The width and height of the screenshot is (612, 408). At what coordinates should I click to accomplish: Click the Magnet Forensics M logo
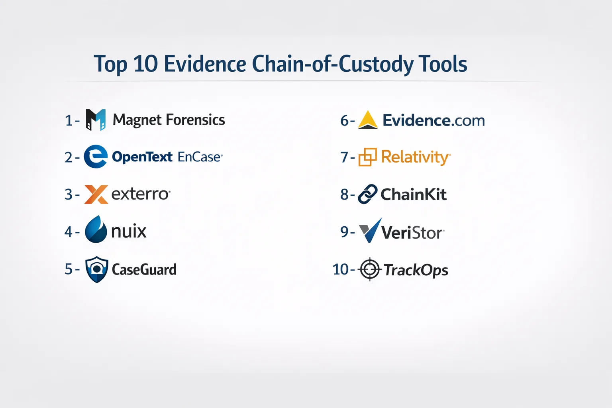[x=96, y=120]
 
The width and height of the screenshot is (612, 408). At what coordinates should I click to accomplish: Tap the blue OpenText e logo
[x=96, y=157]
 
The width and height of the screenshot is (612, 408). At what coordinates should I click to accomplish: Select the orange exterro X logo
[x=96, y=194]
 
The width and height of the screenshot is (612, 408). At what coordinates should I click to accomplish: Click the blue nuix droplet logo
[x=96, y=229]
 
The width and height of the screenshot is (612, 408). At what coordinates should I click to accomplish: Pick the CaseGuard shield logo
[x=97, y=269]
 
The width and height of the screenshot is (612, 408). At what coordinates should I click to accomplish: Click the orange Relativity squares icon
[x=367, y=157]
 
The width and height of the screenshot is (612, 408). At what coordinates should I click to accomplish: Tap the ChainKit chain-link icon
[x=368, y=194]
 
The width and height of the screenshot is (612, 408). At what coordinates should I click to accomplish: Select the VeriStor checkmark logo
[x=370, y=230]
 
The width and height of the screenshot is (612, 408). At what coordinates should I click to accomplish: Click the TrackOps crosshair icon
[x=370, y=269]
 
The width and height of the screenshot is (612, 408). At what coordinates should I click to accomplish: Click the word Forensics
[x=195, y=120]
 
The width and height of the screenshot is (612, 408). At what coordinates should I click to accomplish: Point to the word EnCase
[x=199, y=157]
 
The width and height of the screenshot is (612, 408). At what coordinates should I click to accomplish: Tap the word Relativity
[x=415, y=157]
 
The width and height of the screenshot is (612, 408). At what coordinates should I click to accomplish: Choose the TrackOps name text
[x=416, y=270]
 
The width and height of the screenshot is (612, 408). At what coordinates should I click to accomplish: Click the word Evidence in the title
[x=205, y=64]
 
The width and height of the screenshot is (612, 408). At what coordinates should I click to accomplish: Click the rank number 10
[x=340, y=269]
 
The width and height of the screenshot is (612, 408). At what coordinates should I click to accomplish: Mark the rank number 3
[x=68, y=194]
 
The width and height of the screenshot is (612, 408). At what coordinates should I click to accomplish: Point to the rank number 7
[x=344, y=157]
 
